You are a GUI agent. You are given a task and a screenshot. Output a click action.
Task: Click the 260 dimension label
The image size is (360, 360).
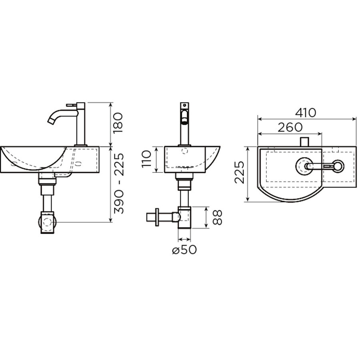[290, 127]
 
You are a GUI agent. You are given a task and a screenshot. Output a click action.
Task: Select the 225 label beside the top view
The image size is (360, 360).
[240, 173]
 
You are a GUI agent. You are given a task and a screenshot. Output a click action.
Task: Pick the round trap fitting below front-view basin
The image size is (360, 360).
[47, 222]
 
